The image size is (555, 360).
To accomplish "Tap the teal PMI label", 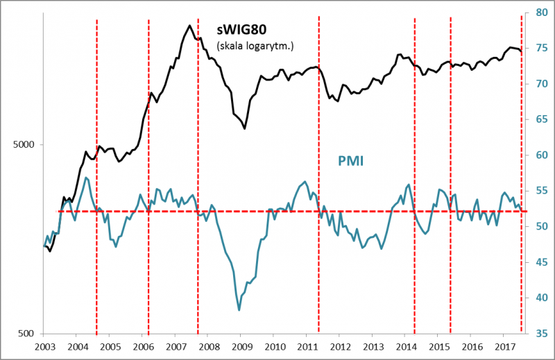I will click(x=351, y=161).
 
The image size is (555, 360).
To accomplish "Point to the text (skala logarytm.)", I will click(x=255, y=46).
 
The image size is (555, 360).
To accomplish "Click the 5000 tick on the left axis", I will click(x=26, y=145).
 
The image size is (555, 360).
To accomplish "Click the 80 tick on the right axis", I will click(x=540, y=12).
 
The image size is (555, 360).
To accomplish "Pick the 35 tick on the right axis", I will click(x=540, y=334).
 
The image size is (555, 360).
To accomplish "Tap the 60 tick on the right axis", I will click(x=540, y=155).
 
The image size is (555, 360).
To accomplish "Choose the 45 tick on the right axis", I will click(x=540, y=262).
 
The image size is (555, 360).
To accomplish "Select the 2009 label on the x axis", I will click(x=241, y=346).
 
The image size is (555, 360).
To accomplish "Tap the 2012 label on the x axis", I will click(x=340, y=346).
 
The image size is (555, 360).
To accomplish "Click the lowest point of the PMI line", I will click(x=239, y=310).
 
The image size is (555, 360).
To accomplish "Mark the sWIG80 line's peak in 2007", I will click(x=189, y=26).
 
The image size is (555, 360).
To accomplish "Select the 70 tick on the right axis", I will click(x=540, y=83).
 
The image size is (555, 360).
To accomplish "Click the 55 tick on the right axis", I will click(x=540, y=191).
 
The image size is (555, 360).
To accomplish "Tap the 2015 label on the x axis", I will click(x=439, y=346).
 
